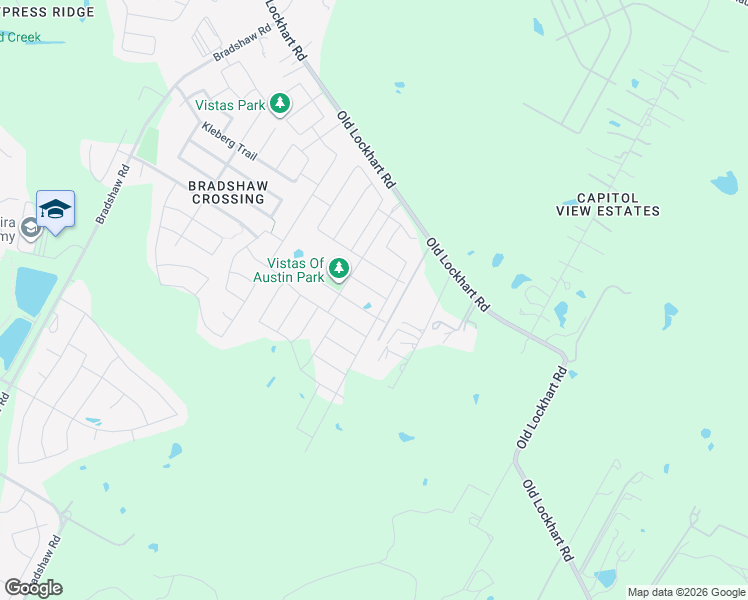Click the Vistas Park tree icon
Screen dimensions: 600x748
[x=281, y=104]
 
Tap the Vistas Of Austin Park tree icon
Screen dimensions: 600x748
[x=340, y=268]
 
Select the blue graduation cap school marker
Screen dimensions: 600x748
[x=56, y=209]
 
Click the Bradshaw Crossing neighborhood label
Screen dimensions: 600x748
[x=227, y=191]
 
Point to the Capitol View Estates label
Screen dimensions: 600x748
[x=609, y=203]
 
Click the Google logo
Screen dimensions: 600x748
[x=33, y=588]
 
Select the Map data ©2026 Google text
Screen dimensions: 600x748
[x=686, y=592]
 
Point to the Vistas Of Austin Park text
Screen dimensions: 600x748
[x=289, y=269]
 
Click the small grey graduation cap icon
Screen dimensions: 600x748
[x=30, y=229]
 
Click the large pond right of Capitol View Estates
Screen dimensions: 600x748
[x=724, y=183]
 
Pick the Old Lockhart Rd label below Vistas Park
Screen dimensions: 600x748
[x=367, y=150]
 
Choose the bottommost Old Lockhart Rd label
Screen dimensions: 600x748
[x=549, y=533]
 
